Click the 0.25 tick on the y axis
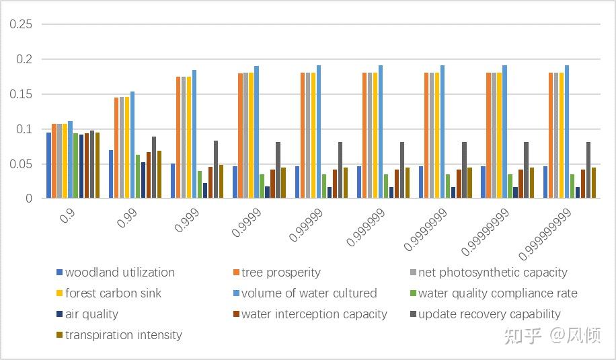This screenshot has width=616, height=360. [x=22, y=24]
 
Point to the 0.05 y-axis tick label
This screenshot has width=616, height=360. [x=22, y=164]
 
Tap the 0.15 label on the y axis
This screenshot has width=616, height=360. [x=22, y=94]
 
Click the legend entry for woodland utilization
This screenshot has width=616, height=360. [x=120, y=273]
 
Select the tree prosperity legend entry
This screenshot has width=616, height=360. [x=280, y=273]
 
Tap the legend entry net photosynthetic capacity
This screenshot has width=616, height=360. [x=492, y=273]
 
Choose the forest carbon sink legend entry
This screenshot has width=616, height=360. [x=113, y=293]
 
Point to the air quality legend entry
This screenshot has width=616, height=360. [x=91, y=314]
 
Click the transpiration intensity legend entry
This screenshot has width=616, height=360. [x=124, y=335]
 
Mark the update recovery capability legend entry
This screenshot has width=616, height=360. [x=489, y=314]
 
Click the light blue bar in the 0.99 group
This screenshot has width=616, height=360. [x=132, y=145]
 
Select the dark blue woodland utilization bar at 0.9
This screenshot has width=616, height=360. [x=49, y=165]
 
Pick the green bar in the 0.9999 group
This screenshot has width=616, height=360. [x=262, y=186]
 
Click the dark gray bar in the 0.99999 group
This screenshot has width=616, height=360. [x=340, y=170]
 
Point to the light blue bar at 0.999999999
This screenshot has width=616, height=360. [x=567, y=131]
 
